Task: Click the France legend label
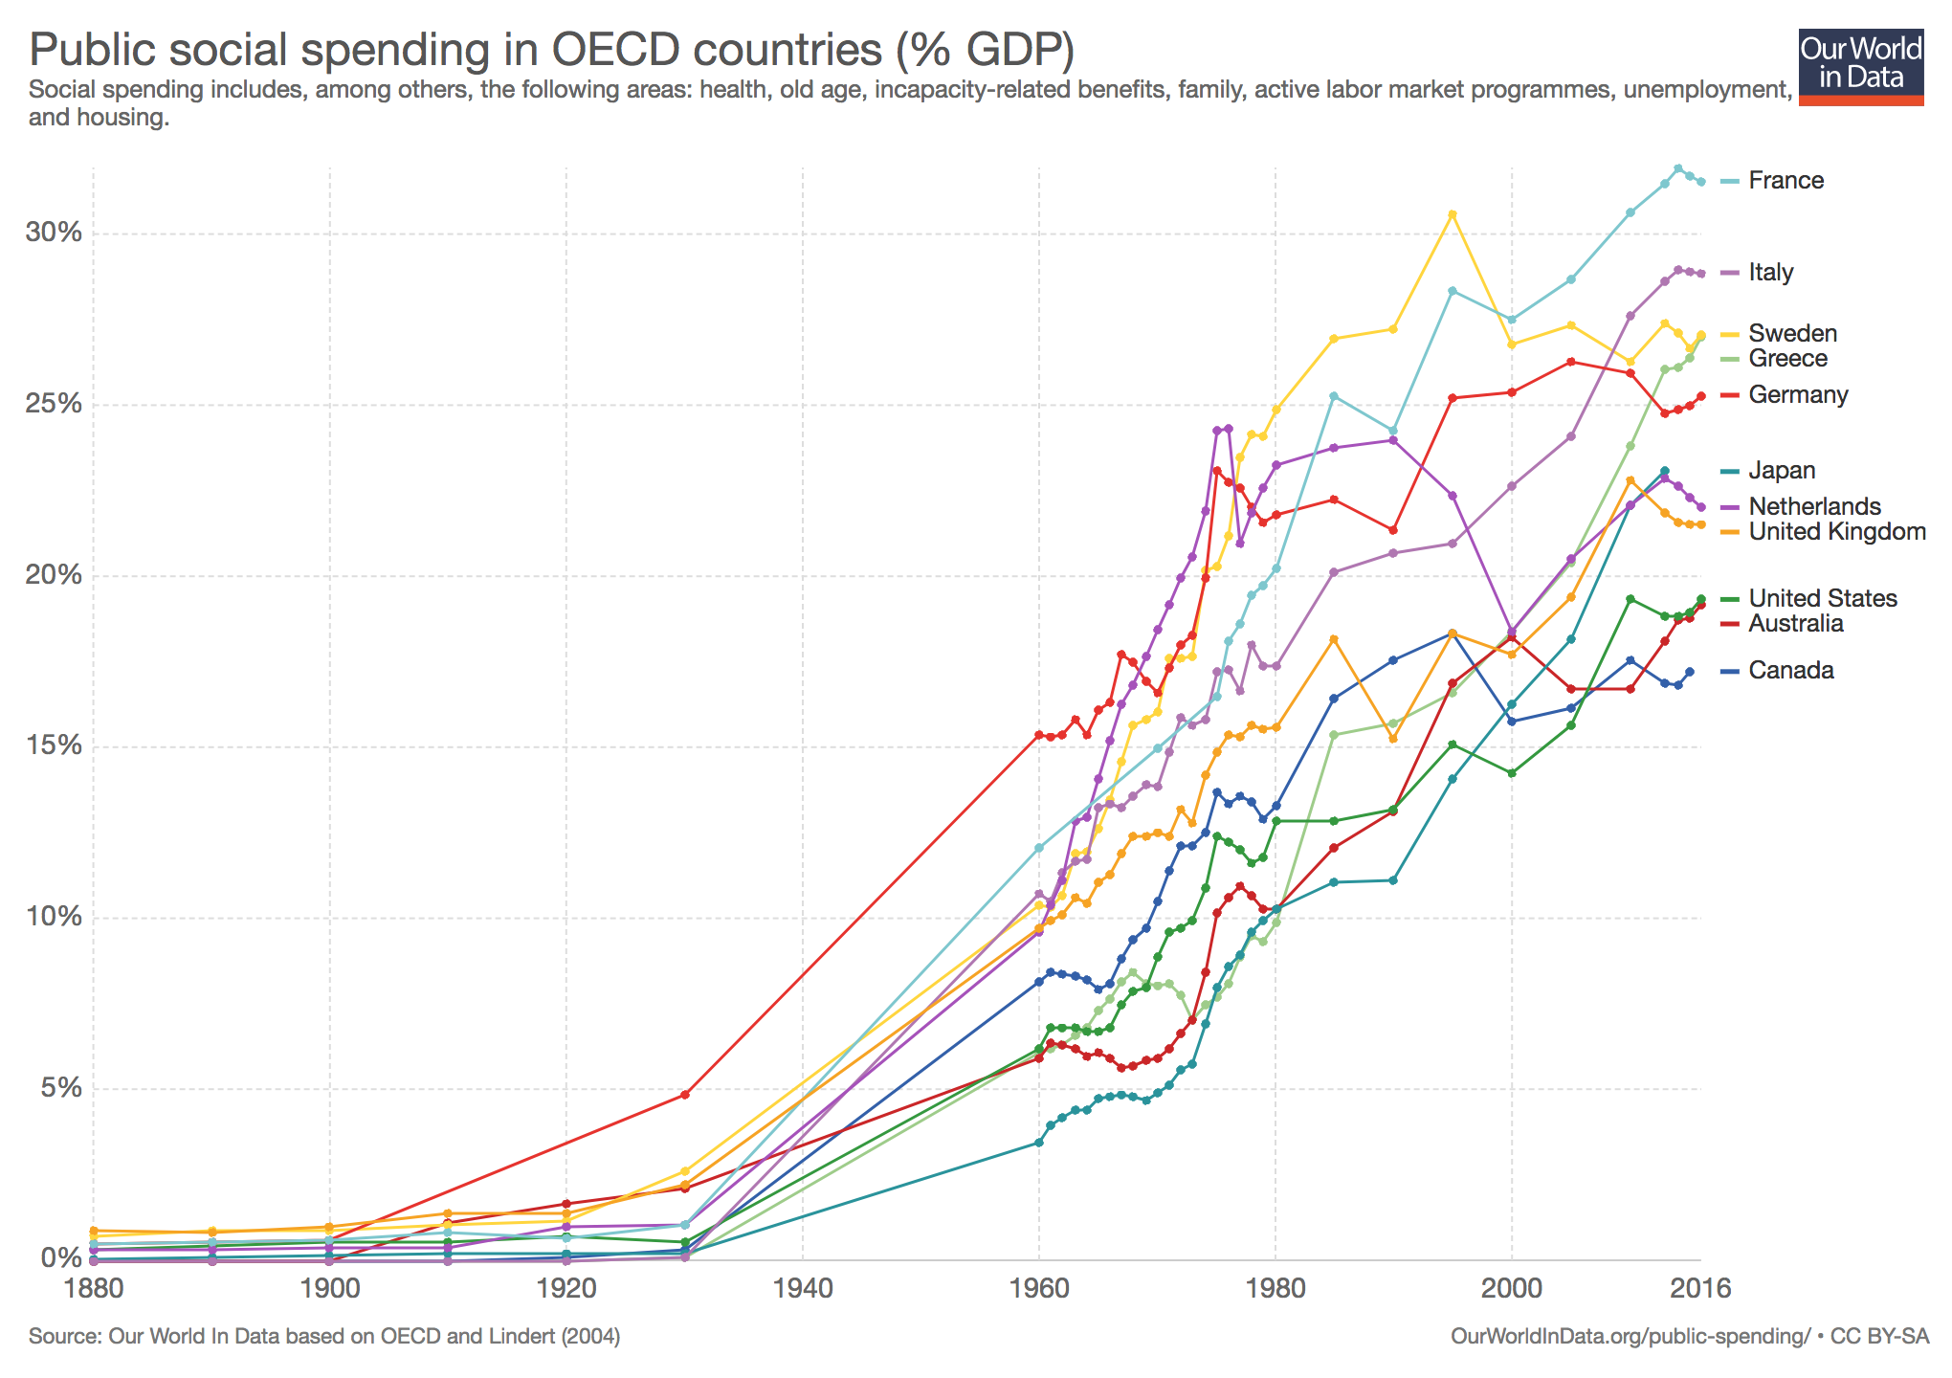pyautogui.click(x=1786, y=181)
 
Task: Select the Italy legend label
pyautogui.click(x=1770, y=273)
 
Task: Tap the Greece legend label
pyautogui.click(x=1787, y=359)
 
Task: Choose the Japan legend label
pyautogui.click(x=1782, y=471)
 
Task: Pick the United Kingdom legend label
pyautogui.click(x=1836, y=532)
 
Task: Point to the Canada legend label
pyautogui.click(x=1790, y=671)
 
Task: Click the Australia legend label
pyautogui.click(x=1795, y=624)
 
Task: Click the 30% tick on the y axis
pyautogui.click(x=55, y=233)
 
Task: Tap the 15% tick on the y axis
pyautogui.click(x=55, y=746)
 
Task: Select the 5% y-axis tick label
pyautogui.click(x=61, y=1088)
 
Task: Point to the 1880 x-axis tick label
pyautogui.click(x=93, y=1288)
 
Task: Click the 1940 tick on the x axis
pyautogui.click(x=802, y=1288)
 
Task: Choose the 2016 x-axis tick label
pyautogui.click(x=1700, y=1288)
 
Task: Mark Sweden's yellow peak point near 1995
pyautogui.click(x=1452, y=214)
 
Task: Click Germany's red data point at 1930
pyautogui.click(x=684, y=1094)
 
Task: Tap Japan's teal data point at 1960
pyautogui.click(x=1038, y=1143)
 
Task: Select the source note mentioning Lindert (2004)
pyautogui.click(x=324, y=1336)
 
